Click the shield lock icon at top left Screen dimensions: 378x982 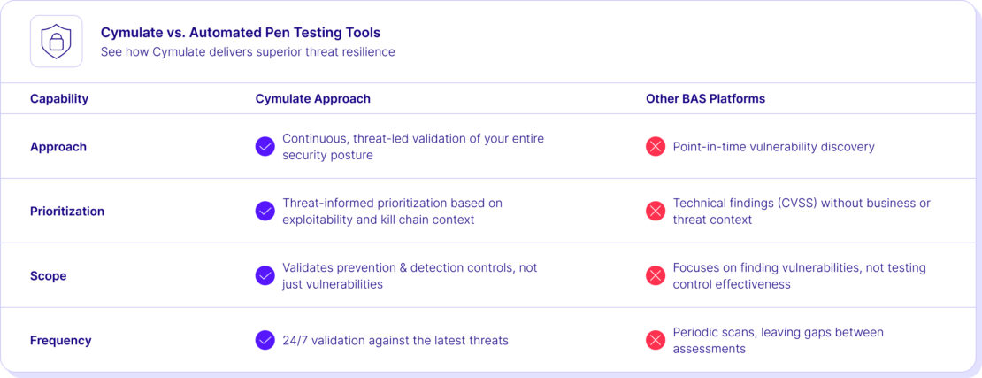pyautogui.click(x=57, y=42)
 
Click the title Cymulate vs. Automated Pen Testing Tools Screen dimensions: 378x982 pyautogui.click(x=240, y=33)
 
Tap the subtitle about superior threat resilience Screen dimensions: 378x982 pyautogui.click(x=248, y=51)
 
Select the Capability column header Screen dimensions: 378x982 pyautogui.click(x=59, y=98)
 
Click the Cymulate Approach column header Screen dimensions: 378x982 pyautogui.click(x=312, y=98)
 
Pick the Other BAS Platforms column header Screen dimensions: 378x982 pyautogui.click(x=705, y=98)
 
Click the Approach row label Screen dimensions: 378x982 pyautogui.click(x=58, y=147)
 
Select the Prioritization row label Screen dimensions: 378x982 pyautogui.click(x=67, y=212)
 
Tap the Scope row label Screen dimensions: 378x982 pyautogui.click(x=49, y=276)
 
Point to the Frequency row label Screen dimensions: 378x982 pyautogui.click(x=61, y=341)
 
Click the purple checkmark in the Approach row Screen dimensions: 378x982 pyautogui.click(x=265, y=147)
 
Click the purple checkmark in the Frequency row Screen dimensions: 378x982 pyautogui.click(x=265, y=340)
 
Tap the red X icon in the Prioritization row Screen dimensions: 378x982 pyautogui.click(x=656, y=212)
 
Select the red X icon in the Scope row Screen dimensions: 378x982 pyautogui.click(x=656, y=276)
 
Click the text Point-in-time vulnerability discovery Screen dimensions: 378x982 pyautogui.click(x=773, y=147)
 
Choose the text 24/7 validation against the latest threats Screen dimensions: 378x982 pyautogui.click(x=395, y=341)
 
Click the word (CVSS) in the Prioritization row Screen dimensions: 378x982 pyautogui.click(x=800, y=204)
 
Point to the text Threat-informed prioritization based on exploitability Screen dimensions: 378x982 pyautogui.click(x=391, y=211)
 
